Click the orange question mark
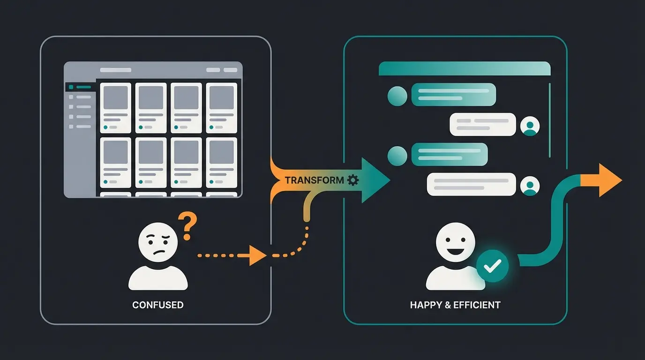coord(187,225)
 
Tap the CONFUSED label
coord(157,305)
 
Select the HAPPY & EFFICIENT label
coord(455,305)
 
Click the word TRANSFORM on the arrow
coord(314,180)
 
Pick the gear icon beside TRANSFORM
coord(353,180)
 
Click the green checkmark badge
coord(492,266)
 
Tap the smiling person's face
coord(452,243)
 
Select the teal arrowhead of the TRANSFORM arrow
coord(375,180)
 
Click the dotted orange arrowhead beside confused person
coord(257,255)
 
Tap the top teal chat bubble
coord(453,95)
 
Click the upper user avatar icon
coord(530,126)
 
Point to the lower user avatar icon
coord(530,186)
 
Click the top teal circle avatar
coord(397,96)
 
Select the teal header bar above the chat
coord(464,68)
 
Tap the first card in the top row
coord(115,108)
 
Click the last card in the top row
coord(221,108)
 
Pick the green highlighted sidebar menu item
coord(81,87)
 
